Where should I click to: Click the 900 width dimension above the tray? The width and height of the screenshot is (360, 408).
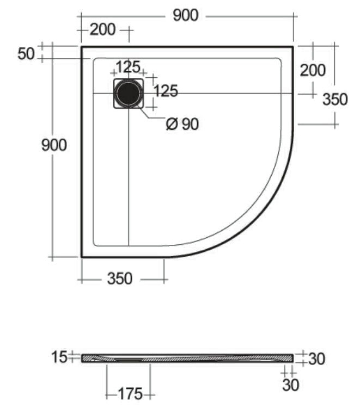tap(186, 15)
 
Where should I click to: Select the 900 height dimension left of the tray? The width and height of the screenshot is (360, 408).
tap(54, 145)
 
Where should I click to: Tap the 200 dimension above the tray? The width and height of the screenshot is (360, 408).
tap(102, 29)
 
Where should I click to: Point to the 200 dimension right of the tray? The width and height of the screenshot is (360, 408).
tap(313, 70)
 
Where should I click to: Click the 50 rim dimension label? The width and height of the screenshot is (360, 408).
tap(26, 54)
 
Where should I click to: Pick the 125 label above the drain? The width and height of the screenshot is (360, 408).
tap(128, 67)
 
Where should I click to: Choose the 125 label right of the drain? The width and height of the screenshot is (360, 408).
tap(166, 91)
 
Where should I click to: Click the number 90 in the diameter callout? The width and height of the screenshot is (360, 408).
tap(190, 124)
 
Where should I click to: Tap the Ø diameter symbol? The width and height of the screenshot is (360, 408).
tap(172, 124)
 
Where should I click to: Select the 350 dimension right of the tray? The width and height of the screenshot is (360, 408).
tap(335, 99)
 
